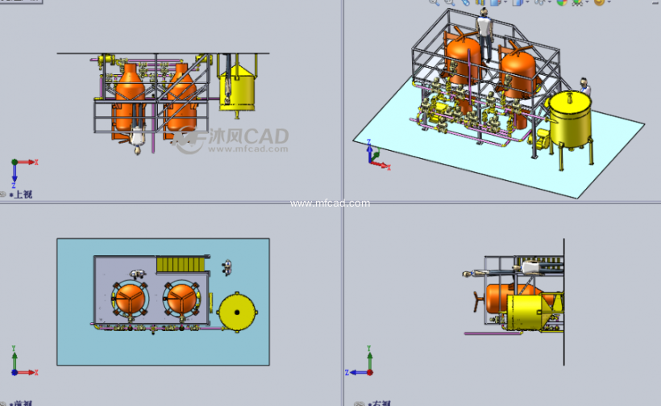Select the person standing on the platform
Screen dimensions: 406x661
pos(484,33)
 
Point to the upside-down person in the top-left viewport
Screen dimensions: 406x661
pos(139,140)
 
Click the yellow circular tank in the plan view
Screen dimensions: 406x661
pos(237,310)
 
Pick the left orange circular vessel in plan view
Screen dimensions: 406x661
pos(129,299)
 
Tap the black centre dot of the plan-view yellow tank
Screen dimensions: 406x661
pos(237,310)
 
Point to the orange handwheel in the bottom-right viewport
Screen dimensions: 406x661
pos(476,302)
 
